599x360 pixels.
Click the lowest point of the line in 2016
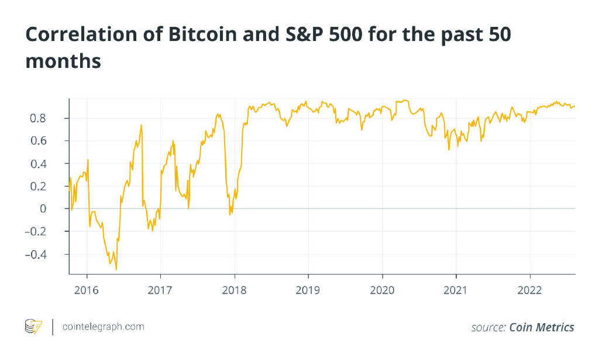coord(116,269)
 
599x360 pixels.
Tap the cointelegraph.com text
coord(103,327)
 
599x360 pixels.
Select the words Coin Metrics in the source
coord(541,327)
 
